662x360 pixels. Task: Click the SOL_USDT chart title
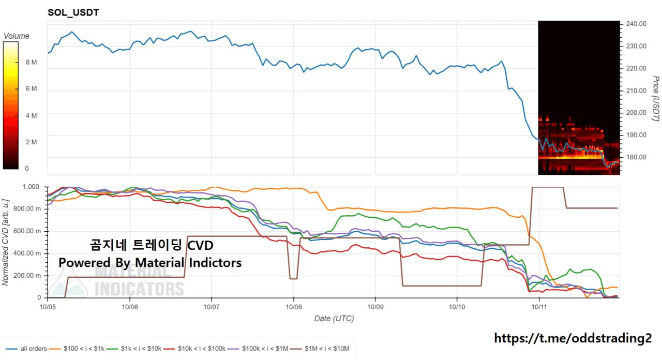pos(73,12)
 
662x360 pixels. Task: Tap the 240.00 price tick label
pos(636,24)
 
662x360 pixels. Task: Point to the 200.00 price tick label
pos(636,113)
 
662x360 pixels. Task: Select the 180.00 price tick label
pos(636,157)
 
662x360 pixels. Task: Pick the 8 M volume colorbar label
pos(31,62)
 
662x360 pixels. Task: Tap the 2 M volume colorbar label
pos(31,142)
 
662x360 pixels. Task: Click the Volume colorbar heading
pos(17,36)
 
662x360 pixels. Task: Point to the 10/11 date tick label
pos(539,306)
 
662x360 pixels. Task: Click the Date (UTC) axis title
pos(334,319)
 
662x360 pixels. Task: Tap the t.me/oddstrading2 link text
pos(573,338)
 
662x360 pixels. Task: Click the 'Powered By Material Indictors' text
pos(150,263)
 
